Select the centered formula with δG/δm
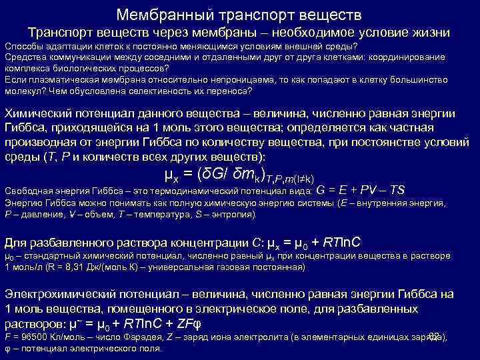click(x=239, y=175)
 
